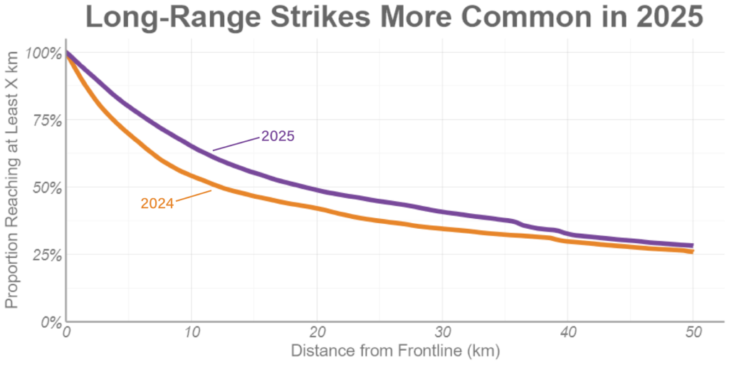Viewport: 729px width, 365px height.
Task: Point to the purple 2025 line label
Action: click(278, 135)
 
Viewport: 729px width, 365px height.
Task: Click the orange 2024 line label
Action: click(157, 203)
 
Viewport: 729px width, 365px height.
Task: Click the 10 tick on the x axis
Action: click(192, 333)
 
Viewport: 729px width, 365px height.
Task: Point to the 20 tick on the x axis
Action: click(318, 333)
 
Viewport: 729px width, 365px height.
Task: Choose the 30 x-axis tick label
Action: click(443, 333)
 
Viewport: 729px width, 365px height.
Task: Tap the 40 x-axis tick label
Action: click(568, 333)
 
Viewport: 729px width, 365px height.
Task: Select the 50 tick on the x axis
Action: click(693, 333)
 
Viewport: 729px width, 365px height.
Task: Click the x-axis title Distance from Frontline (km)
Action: click(395, 351)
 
